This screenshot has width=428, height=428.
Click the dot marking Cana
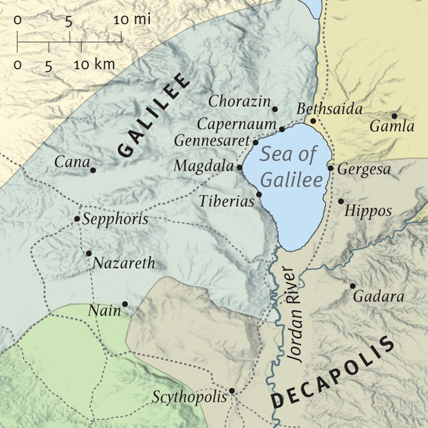click(93, 170)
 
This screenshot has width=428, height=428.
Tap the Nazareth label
click(124, 264)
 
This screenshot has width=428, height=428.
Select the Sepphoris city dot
click(77, 219)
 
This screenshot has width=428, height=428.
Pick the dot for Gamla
click(394, 116)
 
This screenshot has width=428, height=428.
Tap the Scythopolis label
click(190, 397)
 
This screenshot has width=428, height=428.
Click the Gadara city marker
click(353, 286)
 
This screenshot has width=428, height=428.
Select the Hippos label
click(368, 211)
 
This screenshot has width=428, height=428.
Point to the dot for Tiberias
click(258, 194)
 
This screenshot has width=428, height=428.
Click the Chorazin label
click(238, 101)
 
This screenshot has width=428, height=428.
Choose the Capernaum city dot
click(282, 129)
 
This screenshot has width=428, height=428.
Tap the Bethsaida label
click(329, 109)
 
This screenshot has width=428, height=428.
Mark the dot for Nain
click(125, 304)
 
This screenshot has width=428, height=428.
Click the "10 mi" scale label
click(132, 20)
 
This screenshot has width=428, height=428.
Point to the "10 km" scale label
click(94, 64)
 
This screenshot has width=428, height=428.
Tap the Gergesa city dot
click(331, 168)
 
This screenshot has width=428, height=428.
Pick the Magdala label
click(204, 166)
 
